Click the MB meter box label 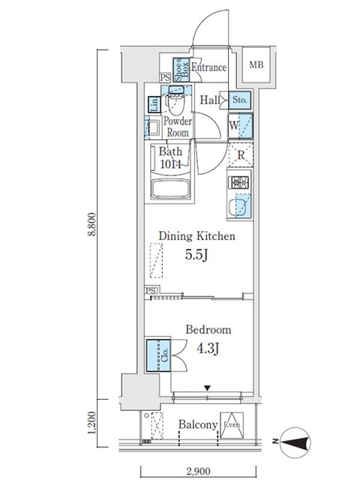point(256,65)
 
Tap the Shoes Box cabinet point(181,70)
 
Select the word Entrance point(209,67)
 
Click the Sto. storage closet point(240,100)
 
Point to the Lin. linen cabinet point(154,104)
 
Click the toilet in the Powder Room point(176,103)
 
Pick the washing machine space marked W point(240,125)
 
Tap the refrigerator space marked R point(241,155)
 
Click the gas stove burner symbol point(238,182)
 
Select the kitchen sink point(240,206)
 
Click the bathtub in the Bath point(170,189)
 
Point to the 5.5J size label point(196,254)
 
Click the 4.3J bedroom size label point(208,348)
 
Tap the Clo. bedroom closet point(158,355)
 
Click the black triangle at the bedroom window point(208,388)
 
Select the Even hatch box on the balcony point(232,425)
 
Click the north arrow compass point(295,442)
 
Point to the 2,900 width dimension point(198,471)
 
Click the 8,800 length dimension point(92,224)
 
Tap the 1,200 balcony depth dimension point(92,423)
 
